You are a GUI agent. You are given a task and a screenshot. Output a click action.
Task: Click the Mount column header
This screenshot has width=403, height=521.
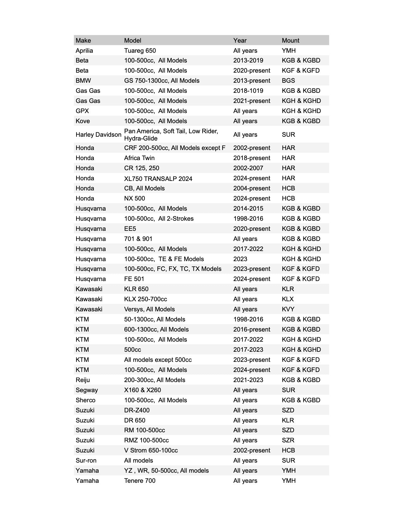pos(290,40)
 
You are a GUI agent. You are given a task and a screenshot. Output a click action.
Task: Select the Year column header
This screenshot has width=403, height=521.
pos(240,40)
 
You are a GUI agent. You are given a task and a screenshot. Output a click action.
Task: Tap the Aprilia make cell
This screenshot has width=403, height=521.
pos(84,51)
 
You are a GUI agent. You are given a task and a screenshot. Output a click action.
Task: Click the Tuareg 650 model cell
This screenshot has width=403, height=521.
pos(140,51)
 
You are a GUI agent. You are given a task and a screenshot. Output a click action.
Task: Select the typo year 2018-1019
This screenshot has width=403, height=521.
pos(248,91)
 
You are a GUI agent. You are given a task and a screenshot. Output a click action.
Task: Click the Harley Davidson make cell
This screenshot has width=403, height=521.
pos(98,135)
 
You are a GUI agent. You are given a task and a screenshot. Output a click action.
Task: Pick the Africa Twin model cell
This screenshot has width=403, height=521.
pos(139,158)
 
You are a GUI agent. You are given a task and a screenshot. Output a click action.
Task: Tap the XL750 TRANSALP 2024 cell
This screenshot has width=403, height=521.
pos(158,178)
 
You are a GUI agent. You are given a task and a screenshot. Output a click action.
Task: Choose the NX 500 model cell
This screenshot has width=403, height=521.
pos(134,198)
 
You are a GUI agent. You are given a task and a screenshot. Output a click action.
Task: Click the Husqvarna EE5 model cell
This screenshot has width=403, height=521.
pos(130,229)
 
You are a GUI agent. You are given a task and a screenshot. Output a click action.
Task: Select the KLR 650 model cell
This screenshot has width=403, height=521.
pos(136,289)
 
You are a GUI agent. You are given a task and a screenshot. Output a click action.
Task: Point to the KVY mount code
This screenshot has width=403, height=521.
pos(288,309)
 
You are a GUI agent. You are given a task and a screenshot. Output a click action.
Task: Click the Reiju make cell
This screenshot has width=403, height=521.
pos(82,380)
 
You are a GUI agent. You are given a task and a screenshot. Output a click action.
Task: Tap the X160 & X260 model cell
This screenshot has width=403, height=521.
pos(142,390)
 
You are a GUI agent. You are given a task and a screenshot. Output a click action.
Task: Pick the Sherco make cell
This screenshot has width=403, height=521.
pos(85,400)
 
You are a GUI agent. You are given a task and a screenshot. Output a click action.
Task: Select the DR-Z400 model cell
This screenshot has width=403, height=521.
pos(137,410)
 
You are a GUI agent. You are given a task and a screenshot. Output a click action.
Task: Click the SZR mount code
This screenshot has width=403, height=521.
pos(288,440)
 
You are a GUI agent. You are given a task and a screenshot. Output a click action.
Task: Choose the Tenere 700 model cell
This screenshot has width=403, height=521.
pos(139,481)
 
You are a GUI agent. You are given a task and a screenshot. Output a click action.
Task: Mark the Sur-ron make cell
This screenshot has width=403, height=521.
pos(86,460)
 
